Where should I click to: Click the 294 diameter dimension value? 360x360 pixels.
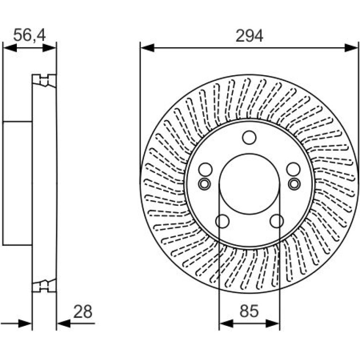click(x=249, y=36)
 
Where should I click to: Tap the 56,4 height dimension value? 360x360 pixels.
click(x=29, y=35)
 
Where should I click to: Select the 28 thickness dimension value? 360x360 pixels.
click(x=83, y=311)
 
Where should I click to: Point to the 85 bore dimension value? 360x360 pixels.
click(x=249, y=311)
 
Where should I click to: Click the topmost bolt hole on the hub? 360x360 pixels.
click(x=249, y=138)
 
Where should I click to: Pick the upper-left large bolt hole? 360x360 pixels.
click(x=206, y=170)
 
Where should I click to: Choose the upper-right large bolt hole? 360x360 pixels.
click(x=293, y=169)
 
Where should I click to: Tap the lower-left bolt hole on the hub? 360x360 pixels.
click(x=222, y=221)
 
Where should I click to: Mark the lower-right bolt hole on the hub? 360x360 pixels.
click(x=277, y=221)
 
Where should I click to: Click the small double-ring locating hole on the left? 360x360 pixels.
click(x=204, y=184)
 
